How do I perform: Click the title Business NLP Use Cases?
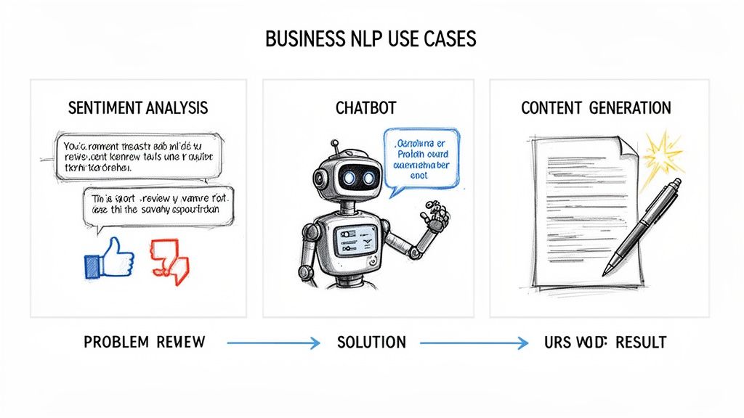pos(371,38)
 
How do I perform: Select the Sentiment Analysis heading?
pos(138,108)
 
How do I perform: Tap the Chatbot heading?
pos(366,108)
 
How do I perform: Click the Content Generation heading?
pos(596,108)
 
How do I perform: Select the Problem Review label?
pos(145,342)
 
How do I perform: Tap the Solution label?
pos(371,342)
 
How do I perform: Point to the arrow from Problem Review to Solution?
pos(272,343)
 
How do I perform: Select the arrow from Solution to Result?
pos(473,343)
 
